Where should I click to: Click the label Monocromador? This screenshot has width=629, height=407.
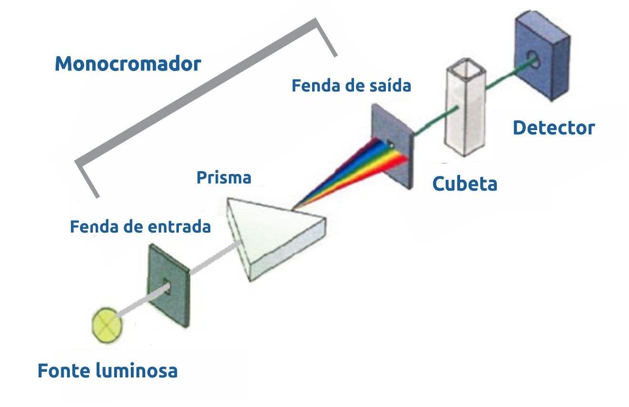click(x=128, y=63)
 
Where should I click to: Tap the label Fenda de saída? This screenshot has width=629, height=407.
click(x=351, y=86)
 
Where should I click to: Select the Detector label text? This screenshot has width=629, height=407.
click(x=554, y=128)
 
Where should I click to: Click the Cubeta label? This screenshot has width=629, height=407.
click(x=465, y=183)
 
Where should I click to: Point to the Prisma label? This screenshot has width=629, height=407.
click(x=224, y=178)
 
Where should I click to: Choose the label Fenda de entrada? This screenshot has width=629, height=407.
click(x=140, y=226)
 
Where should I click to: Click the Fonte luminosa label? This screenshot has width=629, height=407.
click(x=108, y=370)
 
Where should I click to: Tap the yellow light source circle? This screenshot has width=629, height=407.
click(x=107, y=325)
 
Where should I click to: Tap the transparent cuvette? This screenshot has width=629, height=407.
click(x=464, y=114)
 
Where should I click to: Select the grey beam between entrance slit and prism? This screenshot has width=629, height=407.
click(x=214, y=258)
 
